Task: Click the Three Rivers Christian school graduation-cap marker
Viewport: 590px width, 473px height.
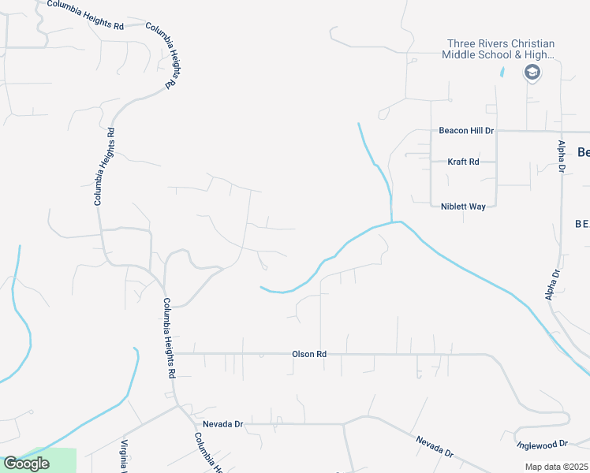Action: click(x=532, y=73)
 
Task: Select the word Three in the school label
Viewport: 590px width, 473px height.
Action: click(x=461, y=44)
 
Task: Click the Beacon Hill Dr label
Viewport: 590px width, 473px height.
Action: click(x=466, y=131)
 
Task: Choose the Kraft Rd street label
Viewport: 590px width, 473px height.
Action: click(x=463, y=162)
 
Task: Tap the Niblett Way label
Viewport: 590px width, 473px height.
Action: click(x=463, y=206)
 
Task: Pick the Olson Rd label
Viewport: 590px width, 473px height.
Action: click(x=310, y=355)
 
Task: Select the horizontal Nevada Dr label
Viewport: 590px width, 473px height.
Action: click(x=222, y=424)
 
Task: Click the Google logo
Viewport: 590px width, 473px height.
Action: click(x=25, y=464)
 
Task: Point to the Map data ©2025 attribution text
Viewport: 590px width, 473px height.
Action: click(x=557, y=467)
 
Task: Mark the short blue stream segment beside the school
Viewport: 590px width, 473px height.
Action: click(x=502, y=72)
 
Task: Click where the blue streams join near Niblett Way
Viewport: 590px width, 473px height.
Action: click(x=392, y=222)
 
